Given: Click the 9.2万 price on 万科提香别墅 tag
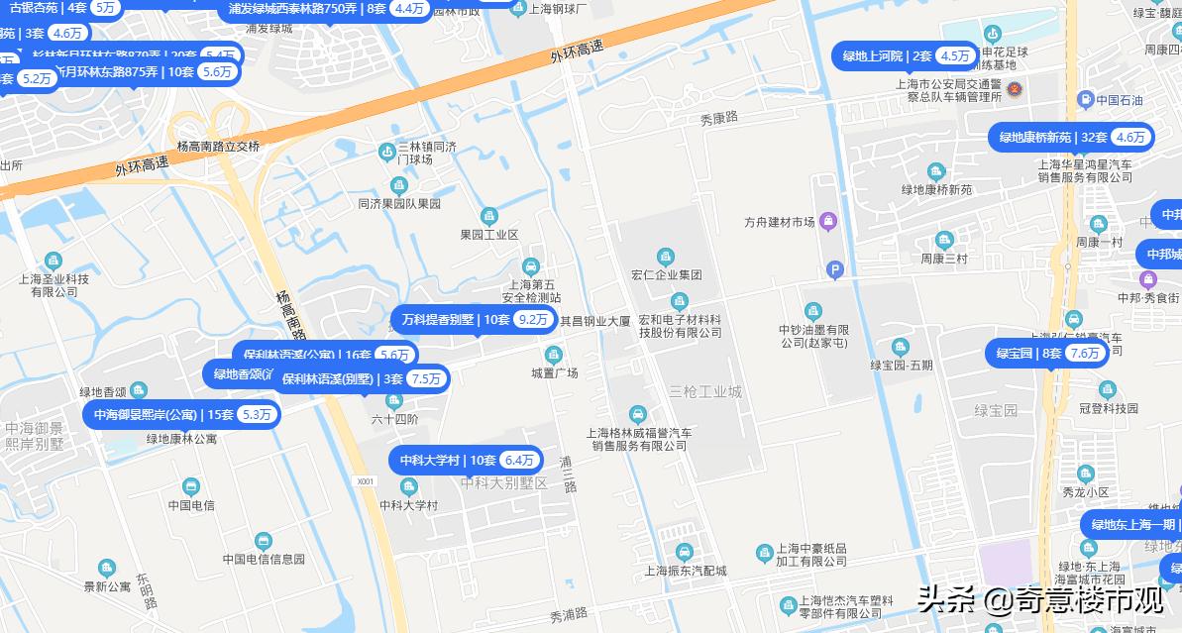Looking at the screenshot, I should (x=533, y=319).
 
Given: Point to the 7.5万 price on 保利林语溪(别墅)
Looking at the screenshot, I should (x=426, y=378).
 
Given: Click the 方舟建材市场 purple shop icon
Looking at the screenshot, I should (x=828, y=221).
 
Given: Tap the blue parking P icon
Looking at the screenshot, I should (x=835, y=269).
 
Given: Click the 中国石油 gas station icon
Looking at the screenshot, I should (x=1086, y=100).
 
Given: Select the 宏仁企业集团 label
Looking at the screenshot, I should (x=666, y=274).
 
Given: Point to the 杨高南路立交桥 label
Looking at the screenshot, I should (x=218, y=146).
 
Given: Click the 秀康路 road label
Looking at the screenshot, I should (x=719, y=118).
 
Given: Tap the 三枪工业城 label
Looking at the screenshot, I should (x=704, y=391).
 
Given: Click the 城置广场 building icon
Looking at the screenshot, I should (x=553, y=354).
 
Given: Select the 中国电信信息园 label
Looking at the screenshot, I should (x=264, y=559).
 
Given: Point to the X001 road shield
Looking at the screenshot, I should (x=366, y=480).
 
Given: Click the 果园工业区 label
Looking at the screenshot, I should (x=488, y=235).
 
